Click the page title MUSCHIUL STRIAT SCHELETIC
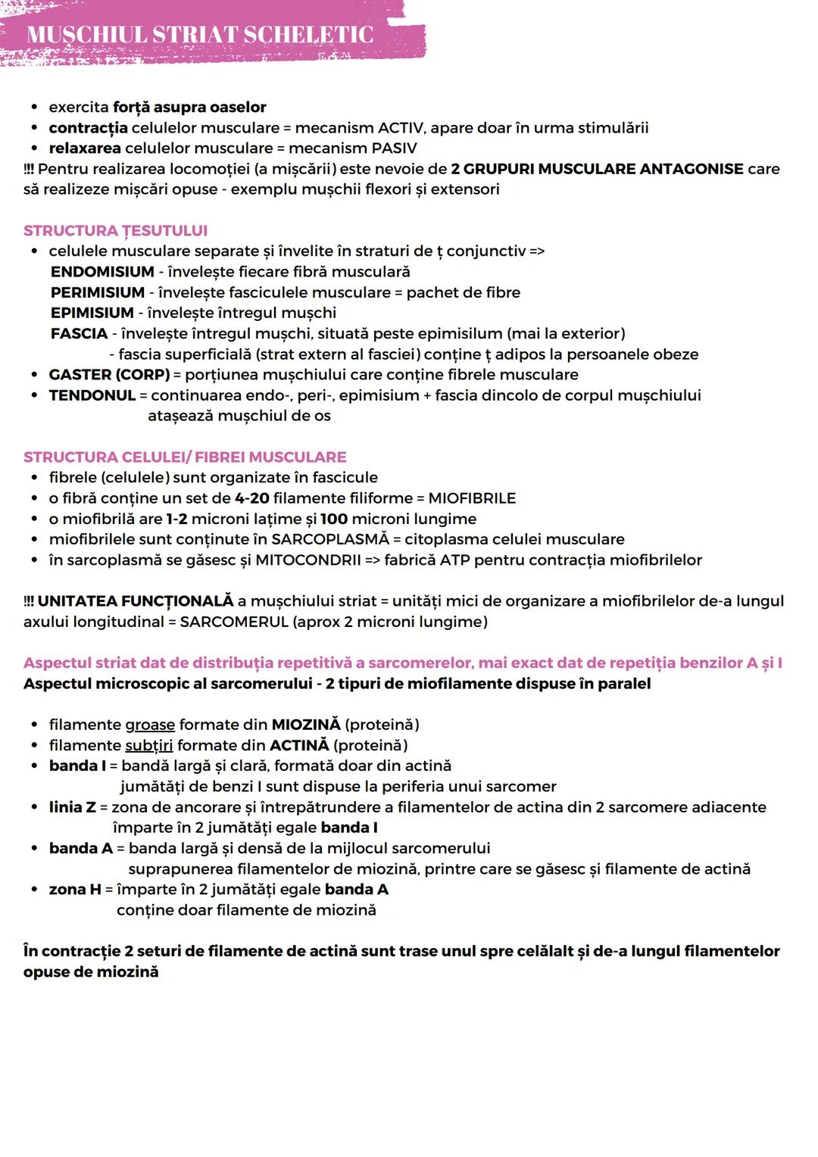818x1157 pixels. click(200, 35)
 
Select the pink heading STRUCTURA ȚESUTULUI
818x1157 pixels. click(115, 230)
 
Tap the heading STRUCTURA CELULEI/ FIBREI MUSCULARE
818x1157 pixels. click(185, 457)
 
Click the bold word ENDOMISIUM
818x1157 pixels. click(102, 271)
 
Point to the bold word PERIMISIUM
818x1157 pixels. click(98, 292)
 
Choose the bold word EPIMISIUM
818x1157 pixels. click(92, 313)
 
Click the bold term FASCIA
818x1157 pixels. click(79, 333)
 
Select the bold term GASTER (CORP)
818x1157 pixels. click(109, 375)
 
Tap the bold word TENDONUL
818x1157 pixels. click(92, 395)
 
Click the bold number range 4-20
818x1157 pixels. click(251, 498)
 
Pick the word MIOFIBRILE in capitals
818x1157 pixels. click(472, 498)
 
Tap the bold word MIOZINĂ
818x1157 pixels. click(306, 725)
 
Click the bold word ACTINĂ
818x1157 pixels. click(299, 745)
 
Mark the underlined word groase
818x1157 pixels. click(150, 725)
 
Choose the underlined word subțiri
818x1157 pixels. click(148, 745)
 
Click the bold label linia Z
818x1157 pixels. click(73, 807)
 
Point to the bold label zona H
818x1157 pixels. click(75, 890)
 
